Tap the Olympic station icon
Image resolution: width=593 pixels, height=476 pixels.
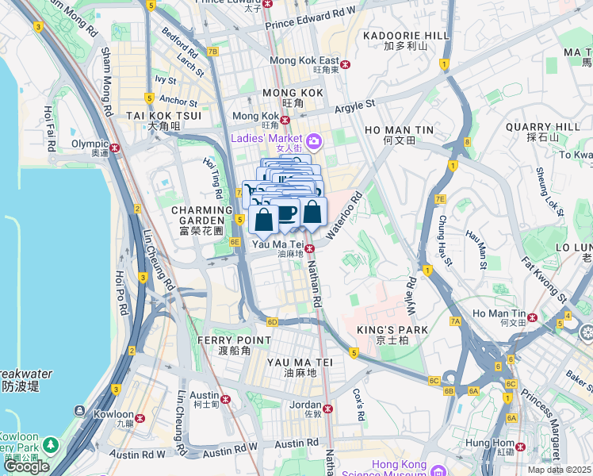[115, 147]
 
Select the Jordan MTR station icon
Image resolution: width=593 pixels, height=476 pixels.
[327, 409]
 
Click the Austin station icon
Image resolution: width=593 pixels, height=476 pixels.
[225, 399]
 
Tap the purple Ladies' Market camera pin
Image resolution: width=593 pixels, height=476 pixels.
[314, 141]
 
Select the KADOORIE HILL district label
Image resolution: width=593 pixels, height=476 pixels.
[405, 36]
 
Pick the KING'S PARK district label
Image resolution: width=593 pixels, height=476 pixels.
[402, 329]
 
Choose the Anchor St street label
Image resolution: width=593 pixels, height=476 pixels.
[178, 102]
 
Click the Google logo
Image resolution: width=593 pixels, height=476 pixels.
[26, 466]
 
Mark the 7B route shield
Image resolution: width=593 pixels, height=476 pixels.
[212, 52]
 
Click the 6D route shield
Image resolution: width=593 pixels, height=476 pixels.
[273, 321]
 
